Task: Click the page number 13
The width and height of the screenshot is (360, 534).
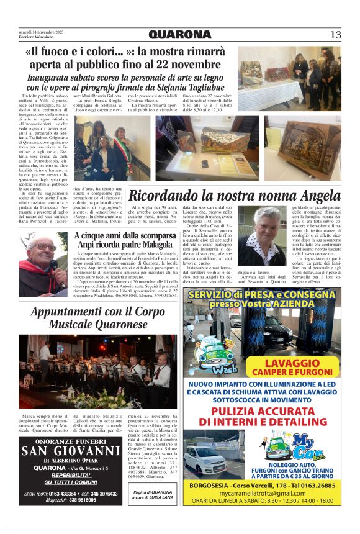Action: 335,35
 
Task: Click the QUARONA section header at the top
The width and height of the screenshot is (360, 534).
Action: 180,35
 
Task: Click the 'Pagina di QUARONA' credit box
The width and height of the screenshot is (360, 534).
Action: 153,495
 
